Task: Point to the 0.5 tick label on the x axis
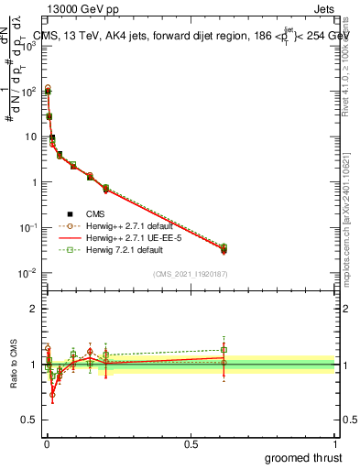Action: (x=191, y=442)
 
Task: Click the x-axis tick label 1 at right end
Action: (x=335, y=442)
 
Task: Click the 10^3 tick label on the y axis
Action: (x=27, y=46)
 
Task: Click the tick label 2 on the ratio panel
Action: (x=33, y=309)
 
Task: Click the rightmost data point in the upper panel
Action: (x=224, y=248)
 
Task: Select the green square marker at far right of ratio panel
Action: (x=224, y=349)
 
